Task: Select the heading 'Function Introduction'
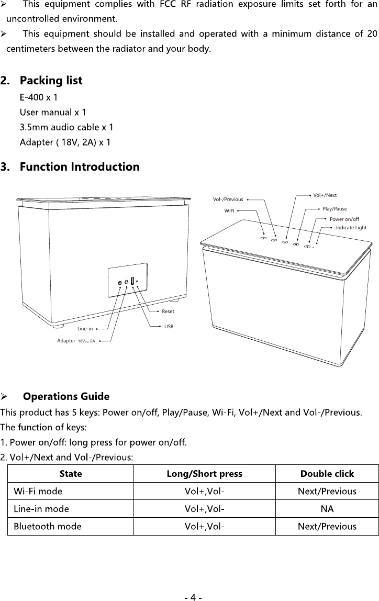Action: point(79,167)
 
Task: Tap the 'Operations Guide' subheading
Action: point(66,396)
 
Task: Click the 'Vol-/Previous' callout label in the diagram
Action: point(228,199)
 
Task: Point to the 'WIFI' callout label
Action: point(229,211)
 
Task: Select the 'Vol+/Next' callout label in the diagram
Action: point(325,195)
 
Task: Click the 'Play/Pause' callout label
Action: point(335,209)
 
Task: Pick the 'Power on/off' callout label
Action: point(344,219)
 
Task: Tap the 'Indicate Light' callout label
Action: point(351,228)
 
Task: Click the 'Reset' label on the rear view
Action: point(168,311)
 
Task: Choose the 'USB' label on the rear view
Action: point(169,326)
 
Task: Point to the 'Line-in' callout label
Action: point(85,329)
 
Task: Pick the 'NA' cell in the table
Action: point(327,509)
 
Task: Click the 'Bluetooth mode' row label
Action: point(48,527)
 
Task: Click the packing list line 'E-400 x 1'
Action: point(39,97)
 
